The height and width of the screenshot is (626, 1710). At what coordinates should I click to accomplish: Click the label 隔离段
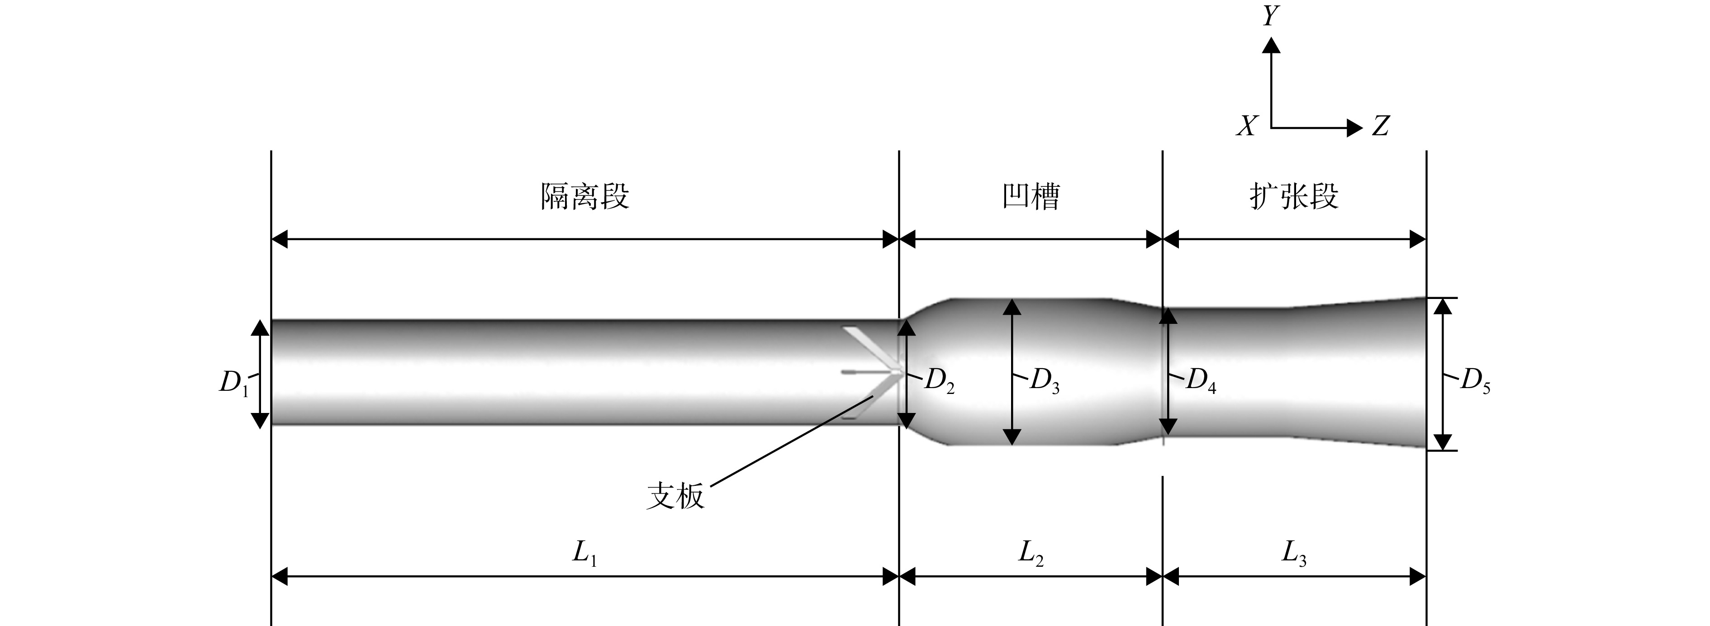pyautogui.click(x=585, y=196)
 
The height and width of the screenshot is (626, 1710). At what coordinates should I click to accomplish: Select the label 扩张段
pyautogui.click(x=1294, y=196)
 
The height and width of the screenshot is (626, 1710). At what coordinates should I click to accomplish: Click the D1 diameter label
pyautogui.click(x=234, y=384)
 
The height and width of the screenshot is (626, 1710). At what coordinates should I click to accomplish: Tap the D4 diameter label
pyautogui.click(x=1202, y=381)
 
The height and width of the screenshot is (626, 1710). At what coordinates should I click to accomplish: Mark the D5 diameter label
pyautogui.click(x=1476, y=381)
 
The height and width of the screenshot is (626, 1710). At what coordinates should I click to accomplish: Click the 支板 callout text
pyautogui.click(x=675, y=496)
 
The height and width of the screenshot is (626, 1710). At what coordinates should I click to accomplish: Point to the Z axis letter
pyautogui.click(x=1381, y=125)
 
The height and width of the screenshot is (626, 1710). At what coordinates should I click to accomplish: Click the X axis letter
pyautogui.click(x=1247, y=125)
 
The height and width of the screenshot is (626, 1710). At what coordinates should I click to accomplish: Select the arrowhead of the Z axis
pyautogui.click(x=1355, y=128)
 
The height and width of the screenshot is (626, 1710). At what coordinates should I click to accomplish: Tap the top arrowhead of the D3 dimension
pyautogui.click(x=1012, y=307)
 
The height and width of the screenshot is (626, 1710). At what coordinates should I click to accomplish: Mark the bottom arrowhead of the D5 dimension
pyautogui.click(x=1443, y=442)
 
